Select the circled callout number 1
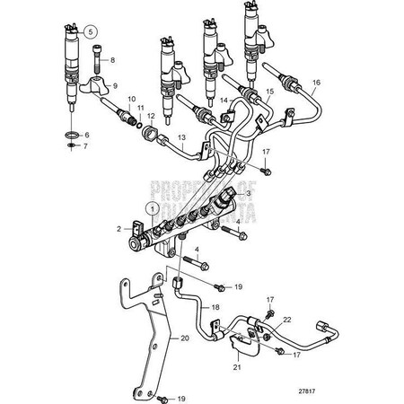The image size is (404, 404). [153, 209]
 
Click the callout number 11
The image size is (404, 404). [140, 108]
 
